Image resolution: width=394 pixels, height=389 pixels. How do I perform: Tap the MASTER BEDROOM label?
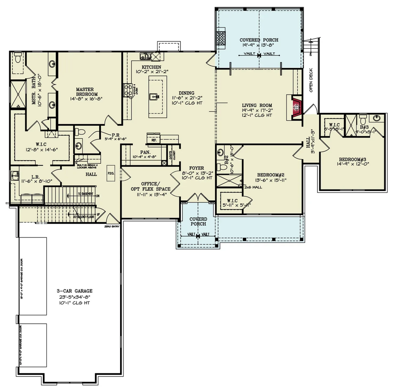pyautogui.click(x=87, y=91)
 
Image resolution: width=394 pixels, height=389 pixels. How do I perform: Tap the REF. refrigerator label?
pyautogui.click(x=154, y=140)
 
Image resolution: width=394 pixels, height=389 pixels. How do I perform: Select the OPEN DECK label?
pyautogui.click(x=312, y=80)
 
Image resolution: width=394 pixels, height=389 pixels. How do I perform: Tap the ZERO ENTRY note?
pyautogui.click(x=112, y=226)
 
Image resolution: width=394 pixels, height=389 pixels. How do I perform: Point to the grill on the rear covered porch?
pyautogui.click(x=220, y=38)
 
